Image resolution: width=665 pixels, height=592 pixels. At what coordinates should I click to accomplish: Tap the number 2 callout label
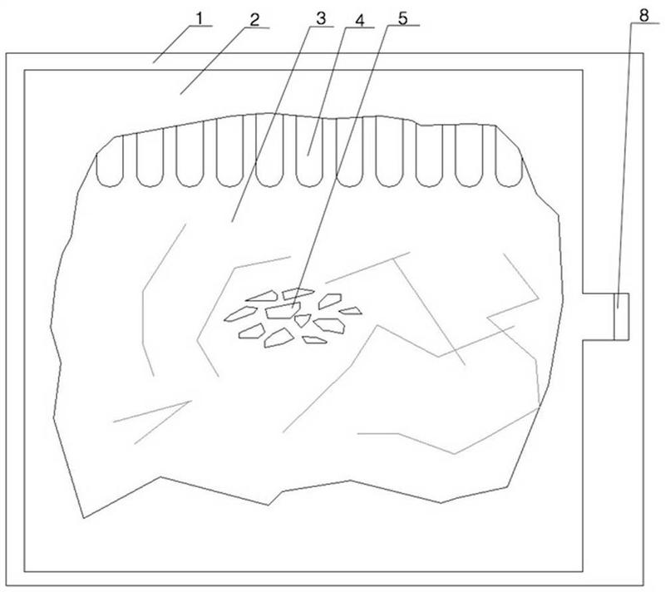(x=254, y=20)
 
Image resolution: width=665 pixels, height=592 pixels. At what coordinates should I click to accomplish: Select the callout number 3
(x=321, y=18)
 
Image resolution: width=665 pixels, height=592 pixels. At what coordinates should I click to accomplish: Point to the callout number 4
(x=360, y=20)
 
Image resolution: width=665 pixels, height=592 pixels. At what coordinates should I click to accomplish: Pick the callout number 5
(x=402, y=18)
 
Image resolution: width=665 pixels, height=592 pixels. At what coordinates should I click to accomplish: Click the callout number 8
(x=643, y=16)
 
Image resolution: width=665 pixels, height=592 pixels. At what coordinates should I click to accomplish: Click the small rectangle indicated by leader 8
(x=621, y=316)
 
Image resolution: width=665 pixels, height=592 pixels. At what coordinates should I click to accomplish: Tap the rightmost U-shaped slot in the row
(x=509, y=156)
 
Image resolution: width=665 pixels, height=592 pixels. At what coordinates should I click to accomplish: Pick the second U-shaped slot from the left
(x=150, y=158)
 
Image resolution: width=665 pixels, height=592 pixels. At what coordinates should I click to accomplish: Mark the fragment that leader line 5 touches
(x=283, y=310)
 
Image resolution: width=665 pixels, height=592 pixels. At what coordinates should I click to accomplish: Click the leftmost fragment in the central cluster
(x=240, y=313)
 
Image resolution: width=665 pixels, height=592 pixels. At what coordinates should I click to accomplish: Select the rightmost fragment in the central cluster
(x=351, y=311)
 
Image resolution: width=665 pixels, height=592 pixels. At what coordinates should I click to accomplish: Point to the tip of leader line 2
(x=180, y=94)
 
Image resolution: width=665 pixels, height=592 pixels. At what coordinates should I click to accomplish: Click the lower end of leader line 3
(x=232, y=222)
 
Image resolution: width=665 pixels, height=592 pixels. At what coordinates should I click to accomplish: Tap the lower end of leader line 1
(x=154, y=62)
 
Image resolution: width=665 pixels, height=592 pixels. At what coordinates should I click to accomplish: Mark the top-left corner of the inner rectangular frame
(x=25, y=70)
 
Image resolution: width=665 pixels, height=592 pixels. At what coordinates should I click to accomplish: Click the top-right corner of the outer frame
(x=643, y=53)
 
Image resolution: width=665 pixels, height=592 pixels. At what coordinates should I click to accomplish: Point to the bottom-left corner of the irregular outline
(x=84, y=518)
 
